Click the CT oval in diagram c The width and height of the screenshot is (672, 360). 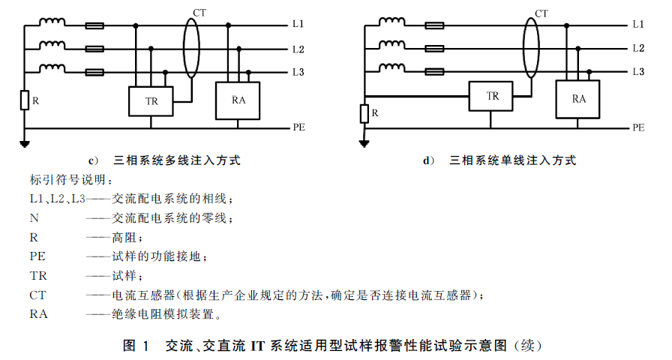pos(184,47)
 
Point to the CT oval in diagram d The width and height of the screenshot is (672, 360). pos(523,47)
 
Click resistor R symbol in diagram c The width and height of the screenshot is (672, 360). pos(25,100)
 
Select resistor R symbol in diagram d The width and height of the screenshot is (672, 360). pos(364,113)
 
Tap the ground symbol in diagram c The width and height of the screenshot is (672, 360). pos(25,143)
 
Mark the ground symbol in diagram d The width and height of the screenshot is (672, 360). pos(364,143)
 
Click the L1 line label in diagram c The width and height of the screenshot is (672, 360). pos(298,24)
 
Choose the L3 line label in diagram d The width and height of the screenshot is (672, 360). pos(638,71)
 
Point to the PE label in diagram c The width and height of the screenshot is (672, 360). pos(298,127)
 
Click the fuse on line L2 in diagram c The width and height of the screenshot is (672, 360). pos(94,49)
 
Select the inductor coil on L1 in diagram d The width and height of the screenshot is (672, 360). pos(391,21)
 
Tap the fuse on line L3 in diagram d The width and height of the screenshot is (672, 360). pos(434,72)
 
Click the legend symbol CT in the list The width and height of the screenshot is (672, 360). pos(37,295)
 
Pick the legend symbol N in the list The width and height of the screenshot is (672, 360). pos(34,218)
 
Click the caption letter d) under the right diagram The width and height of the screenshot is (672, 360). pos(428,160)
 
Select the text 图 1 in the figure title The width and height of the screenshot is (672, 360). pos(136,346)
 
